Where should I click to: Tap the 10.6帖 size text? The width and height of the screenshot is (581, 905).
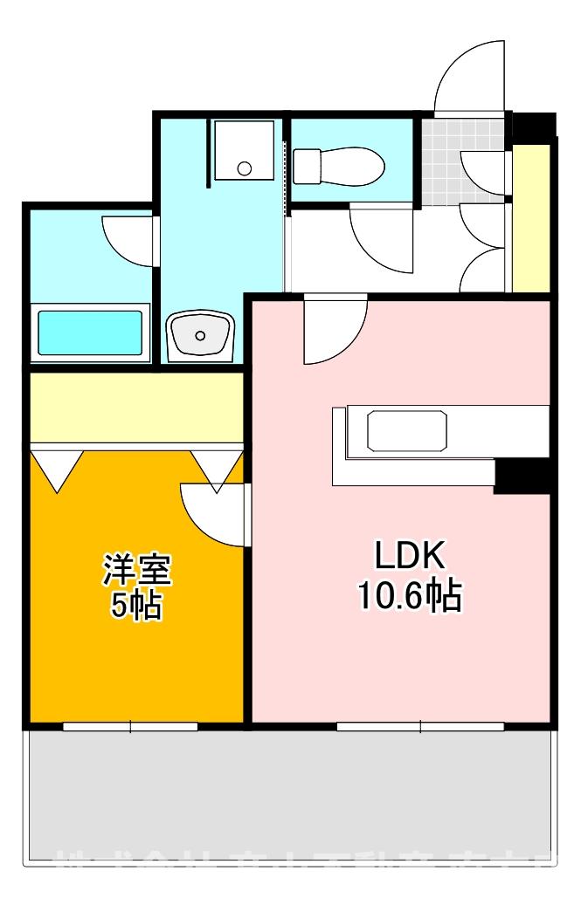click(409, 596)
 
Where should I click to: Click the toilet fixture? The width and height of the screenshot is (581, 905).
click(338, 165)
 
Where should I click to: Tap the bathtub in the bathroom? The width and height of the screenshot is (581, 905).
click(90, 332)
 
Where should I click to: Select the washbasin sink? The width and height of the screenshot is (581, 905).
click(201, 334)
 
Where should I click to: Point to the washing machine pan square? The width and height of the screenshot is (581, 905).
click(244, 150)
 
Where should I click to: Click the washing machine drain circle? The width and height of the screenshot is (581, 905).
click(246, 168)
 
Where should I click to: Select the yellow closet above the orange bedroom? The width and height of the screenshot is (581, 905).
click(136, 408)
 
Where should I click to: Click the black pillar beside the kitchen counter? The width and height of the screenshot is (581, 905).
click(522, 476)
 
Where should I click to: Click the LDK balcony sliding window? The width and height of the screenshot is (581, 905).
click(420, 725)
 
